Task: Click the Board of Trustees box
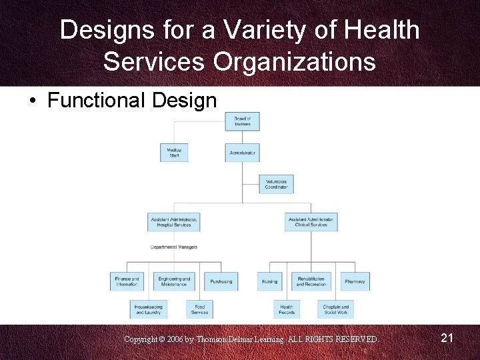242,121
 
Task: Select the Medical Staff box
174,153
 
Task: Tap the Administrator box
242,153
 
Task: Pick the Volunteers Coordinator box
276,184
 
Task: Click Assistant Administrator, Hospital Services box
174,222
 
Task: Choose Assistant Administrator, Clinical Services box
311,222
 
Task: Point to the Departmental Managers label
174,247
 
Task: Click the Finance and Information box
127,281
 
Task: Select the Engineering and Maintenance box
174,281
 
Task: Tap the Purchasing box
221,281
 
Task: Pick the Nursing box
270,281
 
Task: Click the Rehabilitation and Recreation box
311,281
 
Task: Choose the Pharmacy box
355,281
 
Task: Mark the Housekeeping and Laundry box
148,309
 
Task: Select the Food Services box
199,309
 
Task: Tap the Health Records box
287,309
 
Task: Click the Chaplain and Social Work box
335,309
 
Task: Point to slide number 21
447,339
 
